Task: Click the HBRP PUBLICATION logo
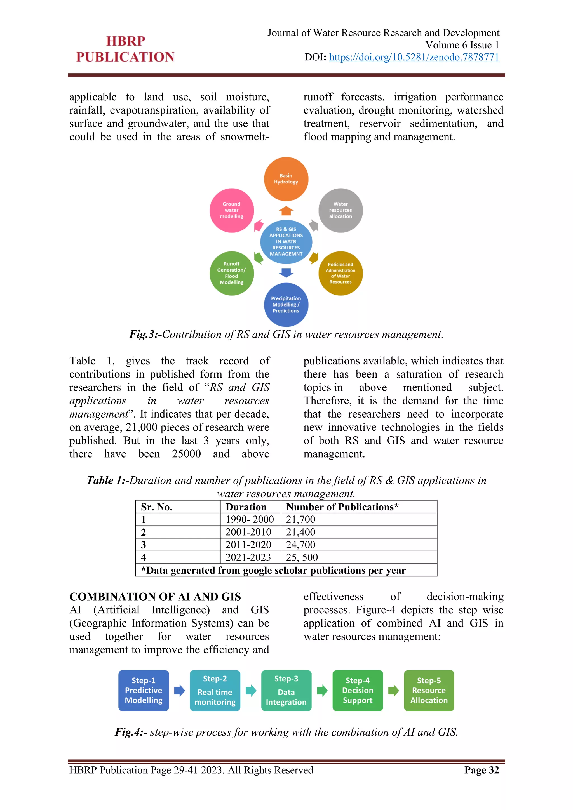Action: (x=125, y=49)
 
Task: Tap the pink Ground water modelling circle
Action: (x=231, y=210)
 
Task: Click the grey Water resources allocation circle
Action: (x=340, y=210)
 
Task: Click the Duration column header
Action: (x=246, y=507)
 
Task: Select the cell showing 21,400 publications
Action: (x=300, y=532)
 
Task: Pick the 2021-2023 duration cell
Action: (x=248, y=557)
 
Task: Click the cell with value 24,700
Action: (x=300, y=545)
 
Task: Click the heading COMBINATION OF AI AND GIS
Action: (x=155, y=597)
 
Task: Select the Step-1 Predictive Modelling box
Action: (x=144, y=690)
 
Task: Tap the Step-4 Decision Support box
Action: (x=357, y=690)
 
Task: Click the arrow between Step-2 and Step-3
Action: (x=251, y=690)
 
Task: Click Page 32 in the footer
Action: (x=482, y=770)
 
